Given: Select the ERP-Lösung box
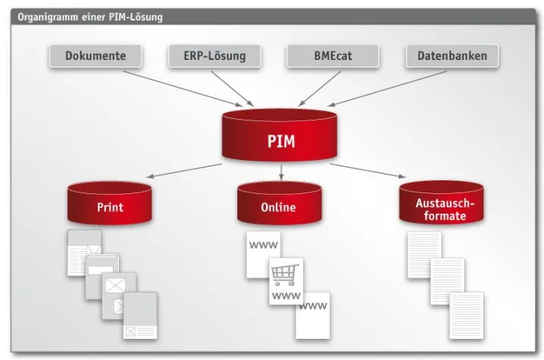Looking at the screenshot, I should [214, 56].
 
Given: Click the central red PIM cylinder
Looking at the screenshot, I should [280, 136].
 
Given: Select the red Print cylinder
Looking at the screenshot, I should [110, 203].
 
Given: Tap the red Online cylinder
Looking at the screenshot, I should [279, 203].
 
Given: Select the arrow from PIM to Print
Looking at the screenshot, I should [182, 171].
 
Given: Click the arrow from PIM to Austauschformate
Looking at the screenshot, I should [371, 171].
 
